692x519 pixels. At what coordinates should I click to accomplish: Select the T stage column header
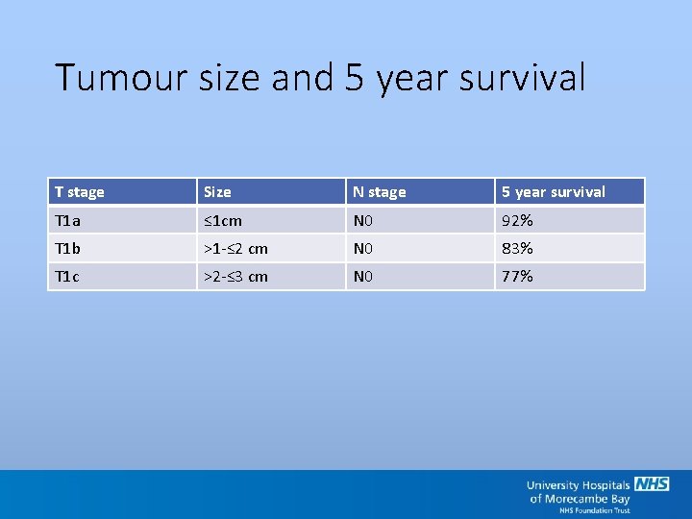pyautogui.click(x=80, y=192)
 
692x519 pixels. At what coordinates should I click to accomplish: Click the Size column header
pyautogui.click(x=217, y=192)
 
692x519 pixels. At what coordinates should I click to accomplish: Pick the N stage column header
pyautogui.click(x=379, y=192)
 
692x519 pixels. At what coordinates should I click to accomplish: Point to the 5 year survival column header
pyautogui.click(x=553, y=192)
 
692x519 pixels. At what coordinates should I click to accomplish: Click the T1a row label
pyautogui.click(x=67, y=221)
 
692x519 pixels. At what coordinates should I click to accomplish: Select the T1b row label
pyautogui.click(x=68, y=249)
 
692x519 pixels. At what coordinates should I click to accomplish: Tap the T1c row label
pyautogui.click(x=67, y=277)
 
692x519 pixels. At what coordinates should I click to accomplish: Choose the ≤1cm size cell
pyautogui.click(x=223, y=221)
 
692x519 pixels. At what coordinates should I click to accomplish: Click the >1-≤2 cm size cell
pyautogui.click(x=235, y=249)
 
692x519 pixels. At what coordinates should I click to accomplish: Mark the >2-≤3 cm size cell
pyautogui.click(x=235, y=277)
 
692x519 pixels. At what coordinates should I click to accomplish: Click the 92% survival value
pyautogui.click(x=517, y=221)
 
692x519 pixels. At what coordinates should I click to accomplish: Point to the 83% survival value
pyautogui.click(x=517, y=249)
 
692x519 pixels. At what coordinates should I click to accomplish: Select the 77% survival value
pyautogui.click(x=517, y=277)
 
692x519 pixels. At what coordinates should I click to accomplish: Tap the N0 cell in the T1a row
pyautogui.click(x=363, y=221)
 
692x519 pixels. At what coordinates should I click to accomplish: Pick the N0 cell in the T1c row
pyautogui.click(x=363, y=277)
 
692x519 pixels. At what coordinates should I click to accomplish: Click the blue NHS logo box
pyautogui.click(x=652, y=484)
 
